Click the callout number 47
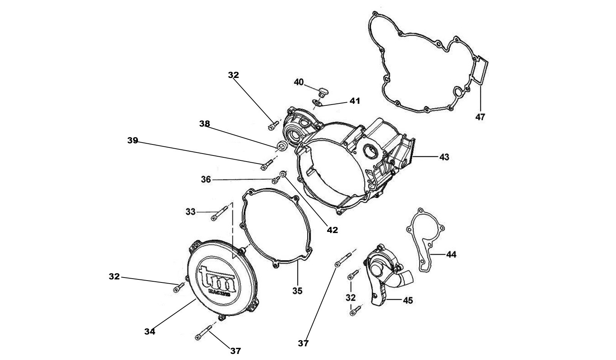click(480, 117)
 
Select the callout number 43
click(444, 157)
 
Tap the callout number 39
click(133, 141)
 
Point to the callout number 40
click(299, 82)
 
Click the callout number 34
click(150, 331)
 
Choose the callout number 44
click(451, 254)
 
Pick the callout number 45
click(407, 300)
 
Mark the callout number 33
click(190, 211)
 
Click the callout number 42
click(333, 230)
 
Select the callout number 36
click(206, 179)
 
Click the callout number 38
click(204, 124)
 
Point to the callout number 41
click(355, 101)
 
